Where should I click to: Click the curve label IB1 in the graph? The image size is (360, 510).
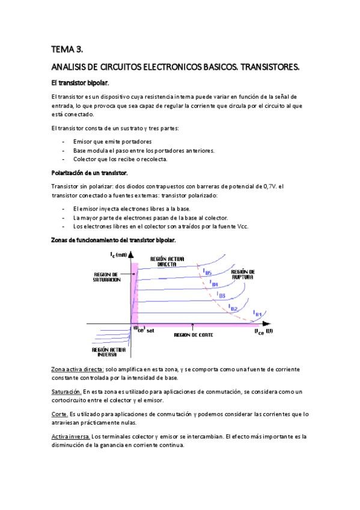[x=257, y=314]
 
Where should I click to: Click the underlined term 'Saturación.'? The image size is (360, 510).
[x=66, y=392]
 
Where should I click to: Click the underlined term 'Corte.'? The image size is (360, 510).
[x=59, y=414]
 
